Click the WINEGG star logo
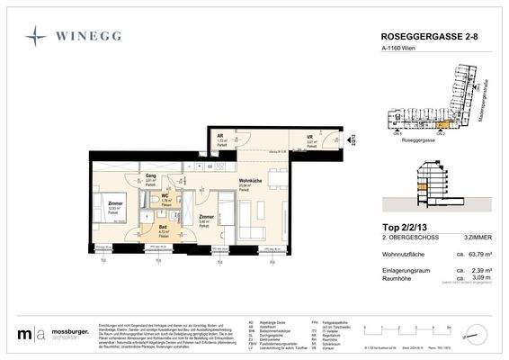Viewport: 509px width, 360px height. coord(35,36)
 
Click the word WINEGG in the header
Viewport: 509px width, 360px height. coord(93,37)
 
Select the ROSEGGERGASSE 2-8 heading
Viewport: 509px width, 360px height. coord(425,37)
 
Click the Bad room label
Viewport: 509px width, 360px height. coord(164,227)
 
